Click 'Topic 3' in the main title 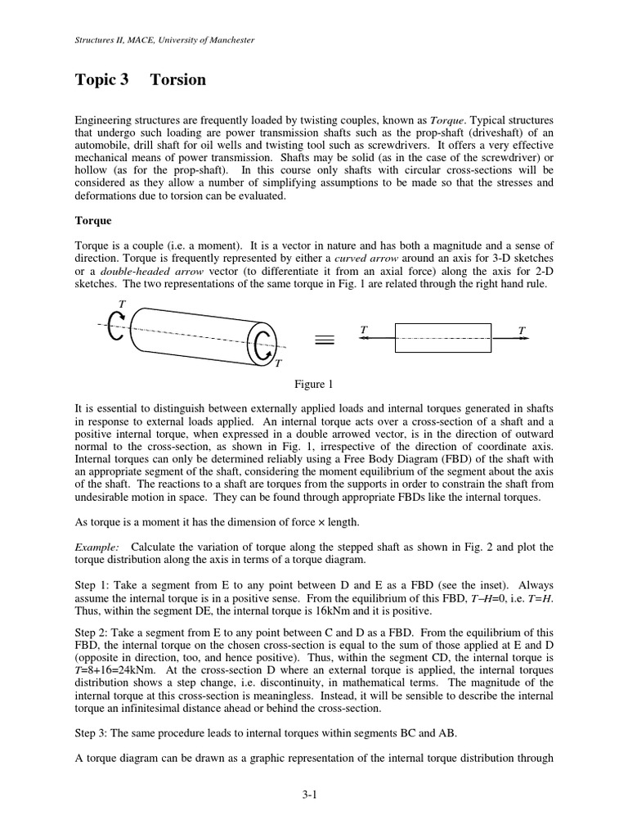[x=102, y=79]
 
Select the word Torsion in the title [x=178, y=79]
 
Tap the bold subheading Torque [x=93, y=221]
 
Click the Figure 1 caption [x=314, y=383]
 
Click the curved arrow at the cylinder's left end [x=117, y=325]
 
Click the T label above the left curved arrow [x=122, y=304]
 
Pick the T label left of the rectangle [x=364, y=329]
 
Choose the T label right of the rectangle [x=521, y=329]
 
